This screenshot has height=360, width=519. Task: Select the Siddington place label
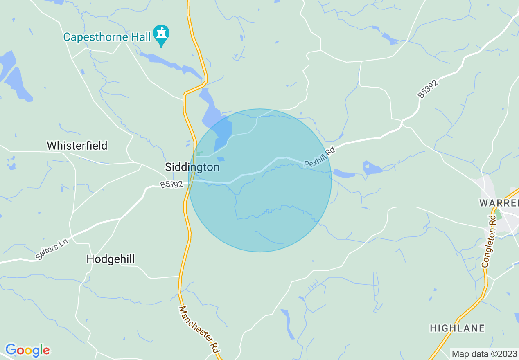[192, 167]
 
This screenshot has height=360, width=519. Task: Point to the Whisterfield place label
[77, 146]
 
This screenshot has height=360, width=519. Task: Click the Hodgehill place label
[111, 259]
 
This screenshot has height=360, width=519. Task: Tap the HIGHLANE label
[457, 328]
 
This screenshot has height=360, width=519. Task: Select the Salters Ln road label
[52, 249]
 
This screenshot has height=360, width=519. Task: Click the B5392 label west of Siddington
[171, 185]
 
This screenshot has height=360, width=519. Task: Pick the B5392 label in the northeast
[428, 89]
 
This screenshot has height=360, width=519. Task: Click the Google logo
[27, 350]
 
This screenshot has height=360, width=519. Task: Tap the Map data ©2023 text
[484, 353]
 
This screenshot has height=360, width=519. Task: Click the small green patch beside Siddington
[199, 153]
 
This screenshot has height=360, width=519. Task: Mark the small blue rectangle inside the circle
[221, 159]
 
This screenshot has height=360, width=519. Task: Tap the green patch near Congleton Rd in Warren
[498, 215]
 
